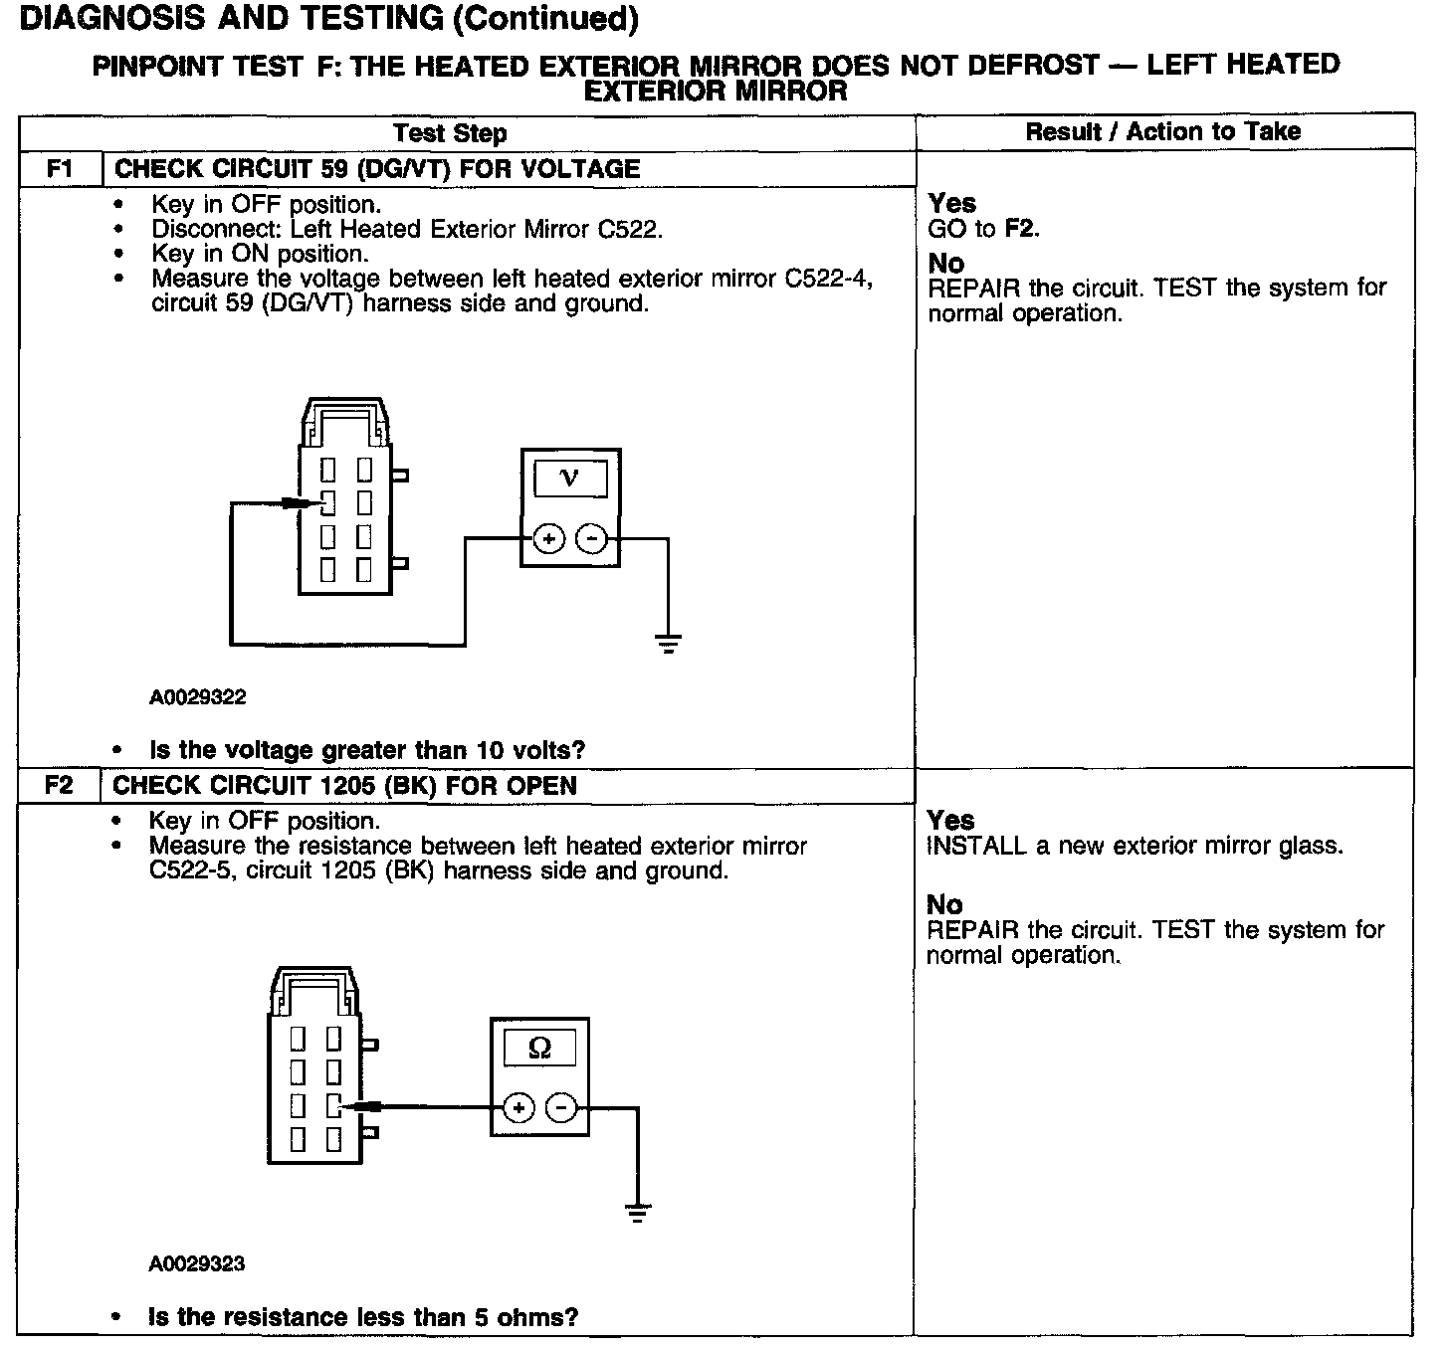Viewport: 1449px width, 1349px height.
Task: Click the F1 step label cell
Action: [x=60, y=169]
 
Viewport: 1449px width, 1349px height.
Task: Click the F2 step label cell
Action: [x=59, y=786]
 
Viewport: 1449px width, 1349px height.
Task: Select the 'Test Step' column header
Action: [x=450, y=133]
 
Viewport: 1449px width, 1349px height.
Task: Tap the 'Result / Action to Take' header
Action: [x=1163, y=131]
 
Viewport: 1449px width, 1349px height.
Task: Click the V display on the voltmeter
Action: [x=570, y=479]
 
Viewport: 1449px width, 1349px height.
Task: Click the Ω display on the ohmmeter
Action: [x=539, y=1048]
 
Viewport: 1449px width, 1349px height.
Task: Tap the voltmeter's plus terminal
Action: [x=548, y=539]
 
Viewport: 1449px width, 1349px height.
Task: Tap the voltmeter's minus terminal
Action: [x=592, y=539]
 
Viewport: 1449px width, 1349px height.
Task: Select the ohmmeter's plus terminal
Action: [x=518, y=1107]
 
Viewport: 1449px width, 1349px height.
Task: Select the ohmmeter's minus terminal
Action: [x=562, y=1107]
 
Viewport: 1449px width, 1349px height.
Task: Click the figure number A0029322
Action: [x=198, y=697]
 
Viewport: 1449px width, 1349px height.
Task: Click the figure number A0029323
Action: [x=197, y=1264]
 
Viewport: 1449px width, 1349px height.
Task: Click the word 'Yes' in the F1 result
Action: [x=952, y=203]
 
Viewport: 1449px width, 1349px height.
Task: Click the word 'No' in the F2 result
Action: [x=944, y=904]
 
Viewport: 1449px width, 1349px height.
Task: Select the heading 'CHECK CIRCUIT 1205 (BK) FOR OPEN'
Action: [x=344, y=786]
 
